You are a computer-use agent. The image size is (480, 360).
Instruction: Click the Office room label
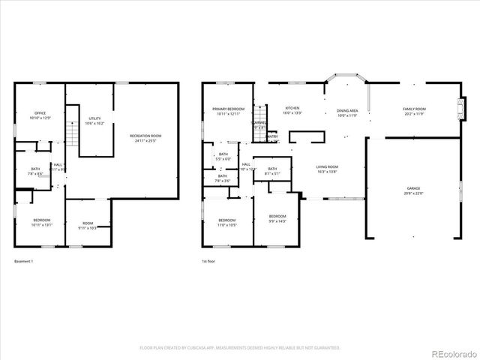(x=40, y=113)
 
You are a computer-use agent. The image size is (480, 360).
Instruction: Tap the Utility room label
(x=94, y=118)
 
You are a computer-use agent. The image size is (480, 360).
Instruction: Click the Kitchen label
(x=292, y=109)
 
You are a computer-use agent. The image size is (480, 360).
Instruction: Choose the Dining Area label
(x=347, y=110)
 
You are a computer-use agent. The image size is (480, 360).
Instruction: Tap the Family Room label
(x=414, y=109)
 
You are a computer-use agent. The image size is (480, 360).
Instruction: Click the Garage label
(x=413, y=188)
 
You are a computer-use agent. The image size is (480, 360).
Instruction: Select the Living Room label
(x=327, y=167)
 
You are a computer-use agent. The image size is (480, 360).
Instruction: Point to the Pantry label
(x=271, y=136)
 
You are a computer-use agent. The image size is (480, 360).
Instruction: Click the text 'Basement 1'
(x=24, y=261)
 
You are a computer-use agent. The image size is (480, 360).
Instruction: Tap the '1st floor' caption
(x=208, y=261)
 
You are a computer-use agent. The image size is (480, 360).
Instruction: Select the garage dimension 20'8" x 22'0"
(x=413, y=193)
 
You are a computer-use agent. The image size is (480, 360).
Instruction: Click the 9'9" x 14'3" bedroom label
(x=277, y=220)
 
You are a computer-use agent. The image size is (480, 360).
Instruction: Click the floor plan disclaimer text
(x=240, y=348)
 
